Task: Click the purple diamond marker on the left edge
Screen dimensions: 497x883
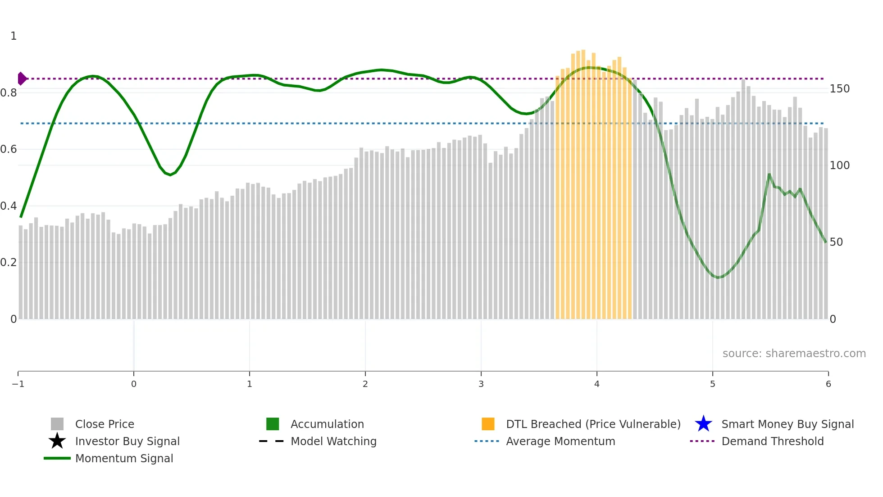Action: tap(22, 78)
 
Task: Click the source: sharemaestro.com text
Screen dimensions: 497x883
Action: tap(794, 354)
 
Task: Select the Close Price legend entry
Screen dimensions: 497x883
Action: tap(105, 424)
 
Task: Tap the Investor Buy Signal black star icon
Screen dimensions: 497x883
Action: tap(57, 441)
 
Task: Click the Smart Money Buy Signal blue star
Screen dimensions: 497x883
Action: tap(703, 424)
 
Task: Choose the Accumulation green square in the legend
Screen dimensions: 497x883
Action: tap(273, 424)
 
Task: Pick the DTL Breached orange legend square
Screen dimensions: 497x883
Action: tap(488, 424)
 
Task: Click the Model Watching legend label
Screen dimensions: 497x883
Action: tap(333, 441)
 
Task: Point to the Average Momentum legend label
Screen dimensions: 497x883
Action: tap(560, 441)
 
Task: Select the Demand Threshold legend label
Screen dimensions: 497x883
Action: tap(772, 441)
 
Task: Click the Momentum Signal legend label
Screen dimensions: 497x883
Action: tap(124, 458)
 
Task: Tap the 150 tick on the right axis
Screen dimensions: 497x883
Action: tap(839, 89)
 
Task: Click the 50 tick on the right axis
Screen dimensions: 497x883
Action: tap(836, 242)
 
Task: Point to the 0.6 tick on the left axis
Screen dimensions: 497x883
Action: tap(9, 149)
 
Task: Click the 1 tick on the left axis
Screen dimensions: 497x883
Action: tap(14, 36)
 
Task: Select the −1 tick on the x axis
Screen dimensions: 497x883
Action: tap(18, 384)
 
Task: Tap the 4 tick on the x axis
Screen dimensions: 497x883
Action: tap(597, 384)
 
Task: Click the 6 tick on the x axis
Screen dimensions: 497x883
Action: tap(828, 384)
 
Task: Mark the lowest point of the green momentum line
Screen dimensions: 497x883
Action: tap(718, 277)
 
